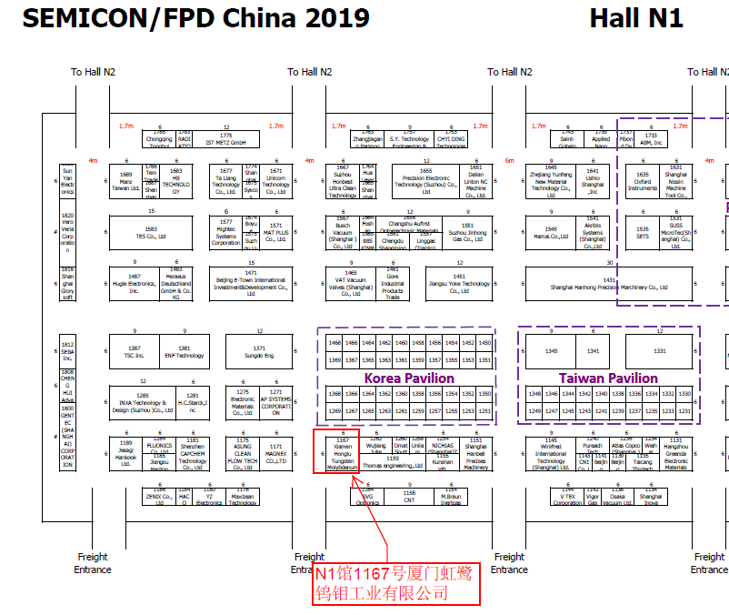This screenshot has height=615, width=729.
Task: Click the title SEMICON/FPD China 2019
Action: [195, 19]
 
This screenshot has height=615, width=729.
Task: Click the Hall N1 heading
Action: [636, 19]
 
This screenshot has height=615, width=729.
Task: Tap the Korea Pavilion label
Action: [409, 378]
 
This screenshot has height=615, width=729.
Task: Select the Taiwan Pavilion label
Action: [608, 378]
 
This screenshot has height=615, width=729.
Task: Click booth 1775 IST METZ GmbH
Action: [226, 139]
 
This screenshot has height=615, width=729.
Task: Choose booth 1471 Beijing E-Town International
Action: [250, 282]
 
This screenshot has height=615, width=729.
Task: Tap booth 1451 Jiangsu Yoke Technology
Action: [459, 282]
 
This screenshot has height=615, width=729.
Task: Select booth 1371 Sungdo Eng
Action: [259, 351]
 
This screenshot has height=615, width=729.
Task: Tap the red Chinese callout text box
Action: [394, 582]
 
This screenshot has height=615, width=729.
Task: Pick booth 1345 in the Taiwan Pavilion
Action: [551, 350]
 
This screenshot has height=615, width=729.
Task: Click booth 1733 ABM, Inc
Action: [652, 139]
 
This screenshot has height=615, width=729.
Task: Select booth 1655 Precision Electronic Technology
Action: [425, 180]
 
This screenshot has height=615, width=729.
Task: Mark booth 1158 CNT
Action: [409, 496]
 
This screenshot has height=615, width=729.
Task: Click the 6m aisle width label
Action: [509, 161]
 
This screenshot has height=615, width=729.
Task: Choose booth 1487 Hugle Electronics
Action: [135, 282]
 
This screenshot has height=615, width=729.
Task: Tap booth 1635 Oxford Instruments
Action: [643, 180]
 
